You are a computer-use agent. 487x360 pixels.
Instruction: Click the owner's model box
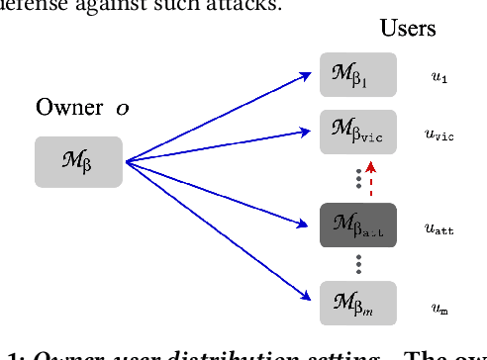click(x=78, y=162)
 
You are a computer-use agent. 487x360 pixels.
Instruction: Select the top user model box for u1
click(x=357, y=75)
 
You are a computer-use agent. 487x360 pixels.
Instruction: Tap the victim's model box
click(x=357, y=133)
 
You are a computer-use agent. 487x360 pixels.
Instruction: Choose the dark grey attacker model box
click(x=357, y=225)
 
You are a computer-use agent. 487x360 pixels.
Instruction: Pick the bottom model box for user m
click(x=357, y=303)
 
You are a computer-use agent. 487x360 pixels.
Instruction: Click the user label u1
click(x=438, y=75)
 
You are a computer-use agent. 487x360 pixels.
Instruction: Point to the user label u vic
click(x=440, y=134)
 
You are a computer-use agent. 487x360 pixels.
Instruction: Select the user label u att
click(x=440, y=226)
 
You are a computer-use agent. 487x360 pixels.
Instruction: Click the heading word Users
click(x=408, y=28)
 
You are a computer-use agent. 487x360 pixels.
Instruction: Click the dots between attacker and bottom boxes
click(x=357, y=264)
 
